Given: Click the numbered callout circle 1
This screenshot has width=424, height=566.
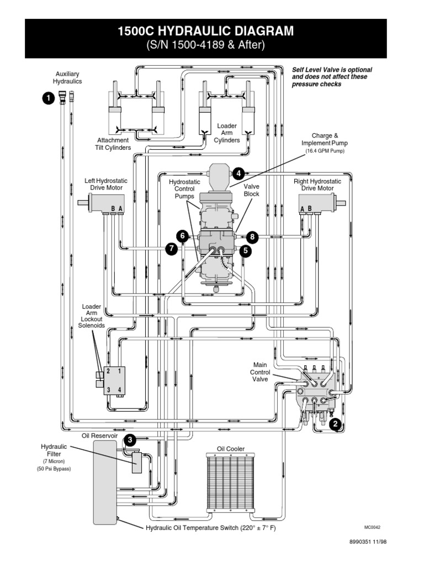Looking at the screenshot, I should (x=48, y=98).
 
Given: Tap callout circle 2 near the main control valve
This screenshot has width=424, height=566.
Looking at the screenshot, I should (x=335, y=424).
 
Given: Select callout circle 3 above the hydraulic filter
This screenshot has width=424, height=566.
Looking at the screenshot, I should (x=129, y=440).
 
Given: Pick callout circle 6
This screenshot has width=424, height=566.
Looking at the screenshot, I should (x=182, y=236).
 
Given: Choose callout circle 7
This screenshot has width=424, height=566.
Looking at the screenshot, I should (x=172, y=249).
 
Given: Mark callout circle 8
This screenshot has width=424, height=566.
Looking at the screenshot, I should (x=253, y=237).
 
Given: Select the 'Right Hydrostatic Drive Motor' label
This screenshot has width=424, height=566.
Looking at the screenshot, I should (x=317, y=185).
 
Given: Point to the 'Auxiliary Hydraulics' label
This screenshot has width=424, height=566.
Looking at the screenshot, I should (x=67, y=77).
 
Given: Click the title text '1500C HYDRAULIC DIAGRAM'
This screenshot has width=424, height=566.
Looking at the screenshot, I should (x=206, y=32).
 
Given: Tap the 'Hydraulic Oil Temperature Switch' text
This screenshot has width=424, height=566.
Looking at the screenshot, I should (x=210, y=528).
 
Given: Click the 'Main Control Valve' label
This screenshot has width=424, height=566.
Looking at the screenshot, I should (x=260, y=372).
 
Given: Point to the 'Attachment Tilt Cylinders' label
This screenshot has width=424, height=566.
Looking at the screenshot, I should (x=114, y=144).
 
